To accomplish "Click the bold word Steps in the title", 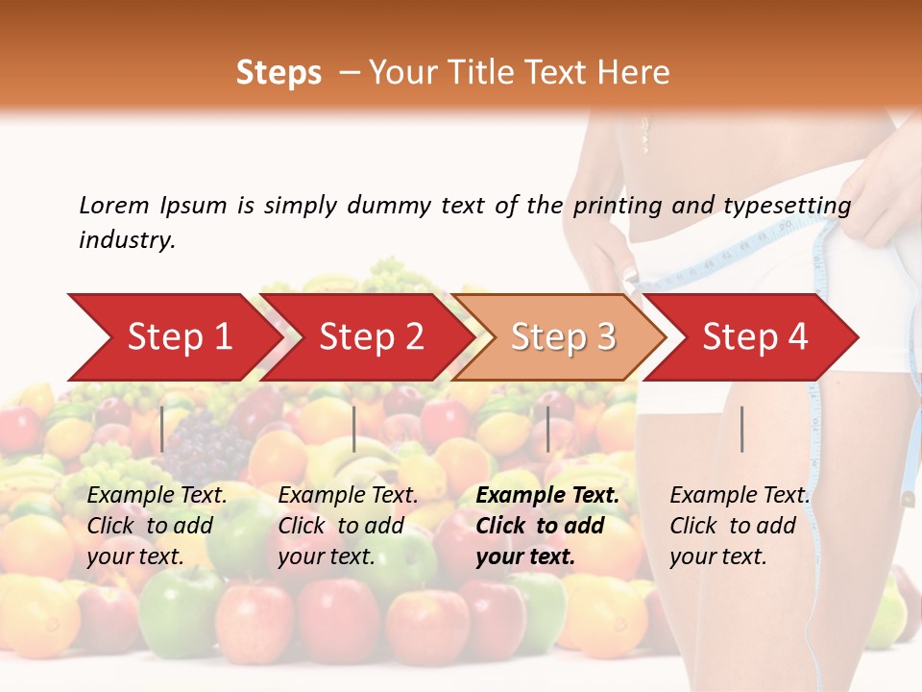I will [279, 73].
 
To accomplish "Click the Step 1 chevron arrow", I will [173, 337].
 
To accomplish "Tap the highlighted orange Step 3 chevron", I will [559, 337].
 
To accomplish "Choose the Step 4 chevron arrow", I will [751, 337].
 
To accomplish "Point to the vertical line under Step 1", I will [162, 429].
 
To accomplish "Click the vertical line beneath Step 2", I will [354, 429].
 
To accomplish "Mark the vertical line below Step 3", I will [547, 429].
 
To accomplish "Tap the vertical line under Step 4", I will [742, 429].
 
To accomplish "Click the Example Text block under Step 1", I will [158, 526].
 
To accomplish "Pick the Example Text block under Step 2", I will [348, 526].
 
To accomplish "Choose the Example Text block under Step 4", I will [740, 526].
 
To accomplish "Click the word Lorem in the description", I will [114, 206].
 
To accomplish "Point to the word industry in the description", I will [127, 240].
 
